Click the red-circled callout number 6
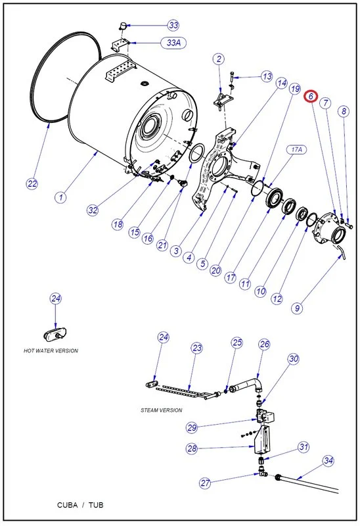click(310, 97)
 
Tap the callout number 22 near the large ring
click(32, 183)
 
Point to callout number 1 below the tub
click(60, 197)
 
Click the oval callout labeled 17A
click(296, 150)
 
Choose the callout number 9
click(298, 307)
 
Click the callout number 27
click(206, 483)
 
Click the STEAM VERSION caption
click(161, 410)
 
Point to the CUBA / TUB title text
click(84, 505)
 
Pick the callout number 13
click(266, 77)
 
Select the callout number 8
click(343, 112)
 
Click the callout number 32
click(92, 210)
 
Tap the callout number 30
click(293, 359)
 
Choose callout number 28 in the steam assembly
click(192, 449)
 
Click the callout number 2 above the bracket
click(218, 59)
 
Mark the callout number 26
click(264, 344)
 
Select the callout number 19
click(294, 89)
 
